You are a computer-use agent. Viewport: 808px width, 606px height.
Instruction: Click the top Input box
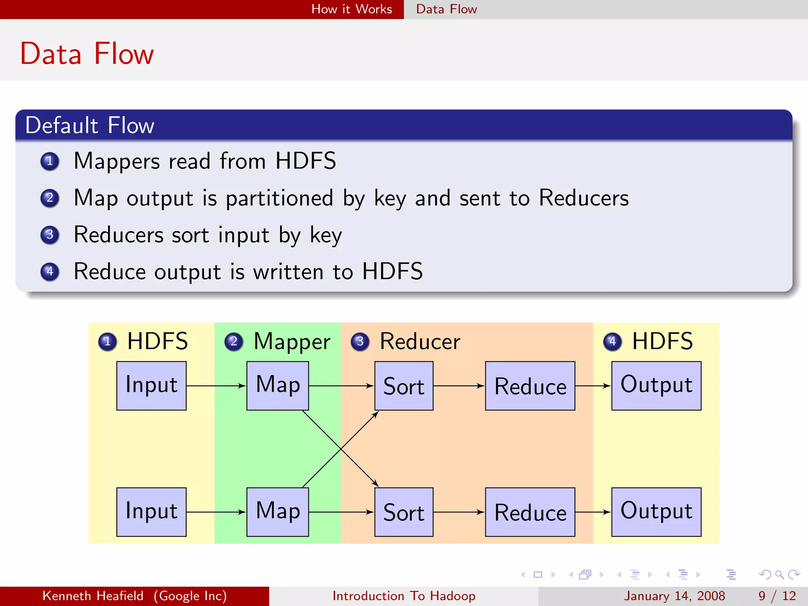pos(151,385)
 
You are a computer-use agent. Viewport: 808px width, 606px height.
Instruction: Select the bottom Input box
pos(151,512)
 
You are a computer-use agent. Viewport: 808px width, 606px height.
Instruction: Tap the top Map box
pos(277,385)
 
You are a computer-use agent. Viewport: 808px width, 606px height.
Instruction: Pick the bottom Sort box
pos(404,512)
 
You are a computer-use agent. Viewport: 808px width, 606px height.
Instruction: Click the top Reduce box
pos(530,385)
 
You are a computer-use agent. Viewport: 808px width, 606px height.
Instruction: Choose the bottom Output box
pos(656,512)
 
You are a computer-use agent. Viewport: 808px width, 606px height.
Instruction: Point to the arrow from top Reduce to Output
pos(593,386)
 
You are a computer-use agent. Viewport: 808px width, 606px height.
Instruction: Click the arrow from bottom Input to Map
pos(216,512)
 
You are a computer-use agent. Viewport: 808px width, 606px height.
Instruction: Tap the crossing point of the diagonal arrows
pos(340,449)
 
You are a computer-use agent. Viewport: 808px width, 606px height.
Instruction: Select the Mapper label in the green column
pos(292,341)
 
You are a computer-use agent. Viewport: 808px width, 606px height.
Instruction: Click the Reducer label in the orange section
pos(420,341)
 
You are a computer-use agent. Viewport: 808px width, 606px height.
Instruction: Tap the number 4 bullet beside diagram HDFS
pos(612,341)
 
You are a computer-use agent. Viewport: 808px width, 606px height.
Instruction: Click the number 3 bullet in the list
pos(50,235)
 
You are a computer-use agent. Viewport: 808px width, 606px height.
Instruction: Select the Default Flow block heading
pos(90,125)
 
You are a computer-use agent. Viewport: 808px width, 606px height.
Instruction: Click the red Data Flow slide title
pos(87,54)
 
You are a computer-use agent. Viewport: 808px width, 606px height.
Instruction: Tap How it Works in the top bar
pos(352,9)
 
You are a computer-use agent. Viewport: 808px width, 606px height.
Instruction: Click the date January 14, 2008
pos(674,596)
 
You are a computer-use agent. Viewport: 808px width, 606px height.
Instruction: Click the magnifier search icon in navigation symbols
pos(779,574)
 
